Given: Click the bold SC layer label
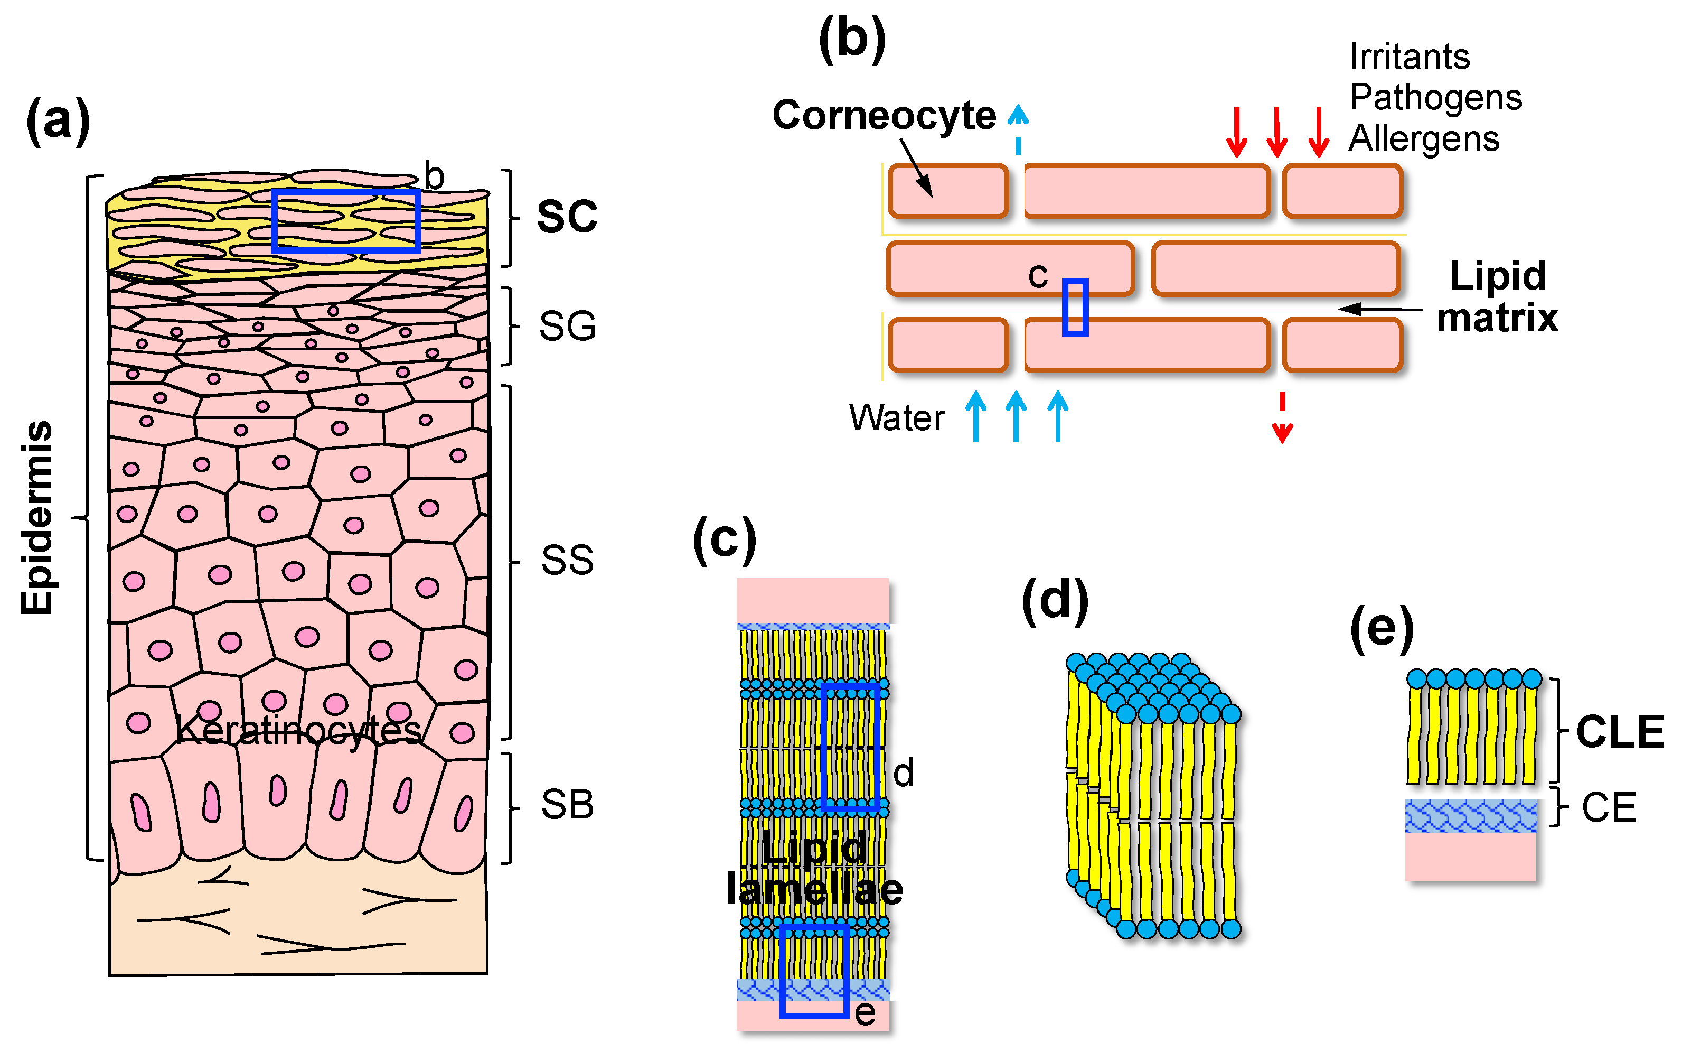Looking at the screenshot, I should (567, 217).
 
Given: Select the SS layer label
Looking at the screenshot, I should (567, 561).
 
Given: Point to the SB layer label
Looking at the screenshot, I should (567, 805).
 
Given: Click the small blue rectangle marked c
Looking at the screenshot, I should (1074, 307).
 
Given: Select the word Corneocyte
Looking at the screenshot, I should (884, 115).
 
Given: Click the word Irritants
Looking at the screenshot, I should (1410, 57).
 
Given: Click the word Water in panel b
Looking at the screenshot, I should (896, 418).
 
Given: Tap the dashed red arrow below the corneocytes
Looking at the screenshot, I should (1282, 418).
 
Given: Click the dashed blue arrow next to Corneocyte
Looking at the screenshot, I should (1018, 129).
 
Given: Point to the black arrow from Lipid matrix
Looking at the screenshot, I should (1380, 309).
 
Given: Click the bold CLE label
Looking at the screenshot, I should (1620, 732).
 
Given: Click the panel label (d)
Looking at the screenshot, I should (1055, 600).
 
